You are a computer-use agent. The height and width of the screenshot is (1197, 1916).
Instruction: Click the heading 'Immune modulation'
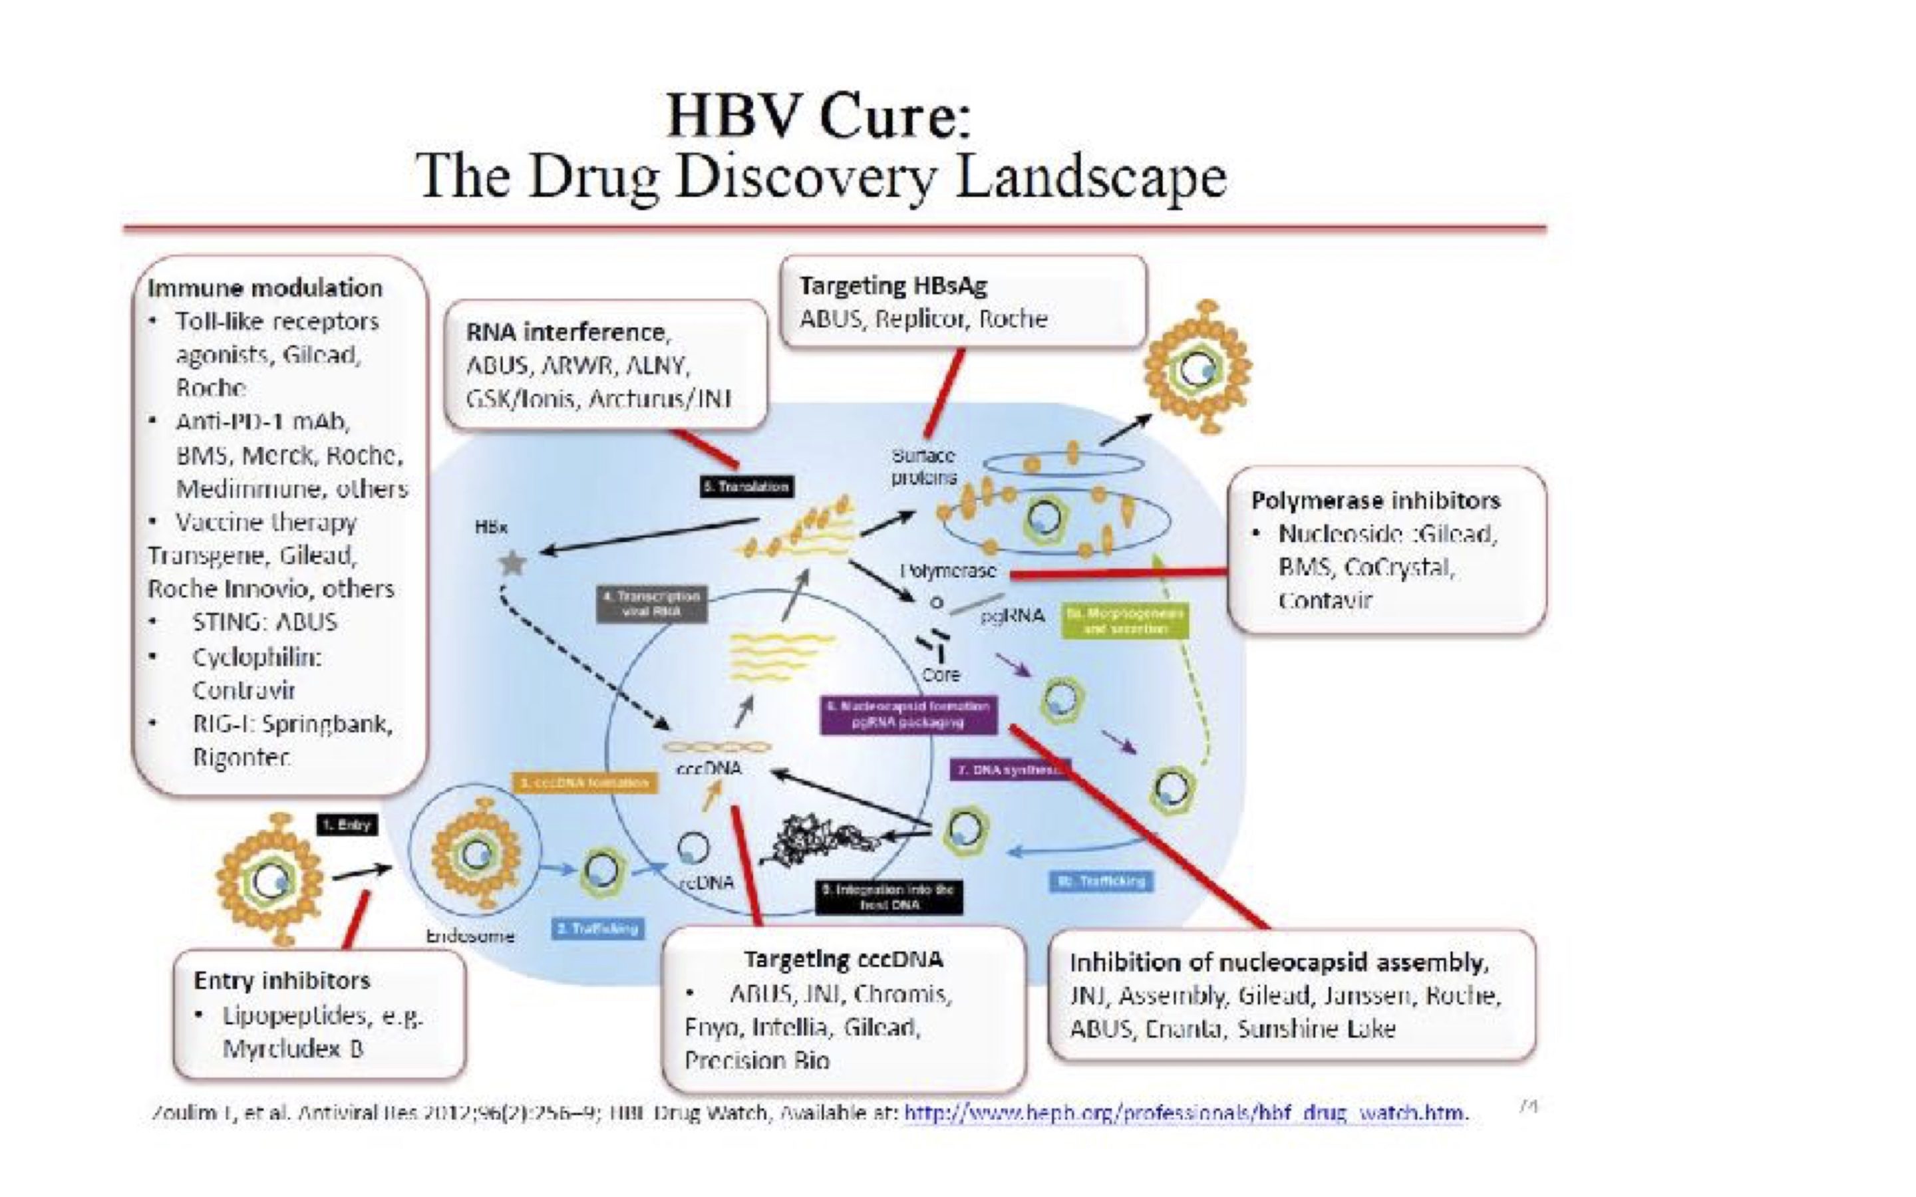pyautogui.click(x=264, y=287)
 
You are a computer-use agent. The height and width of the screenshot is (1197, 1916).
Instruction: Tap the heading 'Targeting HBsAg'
pyautogui.click(x=893, y=285)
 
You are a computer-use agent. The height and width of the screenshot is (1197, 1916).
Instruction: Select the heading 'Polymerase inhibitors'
pyautogui.click(x=1375, y=500)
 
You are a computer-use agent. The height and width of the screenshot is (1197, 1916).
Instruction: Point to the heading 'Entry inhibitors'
pyautogui.click(x=282, y=980)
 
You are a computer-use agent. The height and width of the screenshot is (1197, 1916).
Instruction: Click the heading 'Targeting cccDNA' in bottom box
pyautogui.click(x=843, y=960)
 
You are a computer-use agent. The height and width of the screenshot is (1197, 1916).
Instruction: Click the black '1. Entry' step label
pyautogui.click(x=347, y=825)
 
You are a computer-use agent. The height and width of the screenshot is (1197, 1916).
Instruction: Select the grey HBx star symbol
pyautogui.click(x=512, y=564)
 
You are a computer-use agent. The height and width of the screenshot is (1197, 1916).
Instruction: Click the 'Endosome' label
pyautogui.click(x=470, y=936)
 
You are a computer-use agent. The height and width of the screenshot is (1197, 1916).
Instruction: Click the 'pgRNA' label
pyautogui.click(x=1013, y=616)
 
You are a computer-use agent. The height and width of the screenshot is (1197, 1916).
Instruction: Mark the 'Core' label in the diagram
pyautogui.click(x=941, y=674)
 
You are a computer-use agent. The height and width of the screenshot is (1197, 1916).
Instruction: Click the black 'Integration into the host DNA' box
pyautogui.click(x=889, y=897)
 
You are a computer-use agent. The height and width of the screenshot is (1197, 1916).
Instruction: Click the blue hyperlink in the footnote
pyautogui.click(x=1186, y=1113)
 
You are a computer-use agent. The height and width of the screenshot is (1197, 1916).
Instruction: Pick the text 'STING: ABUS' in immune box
pyautogui.click(x=264, y=622)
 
